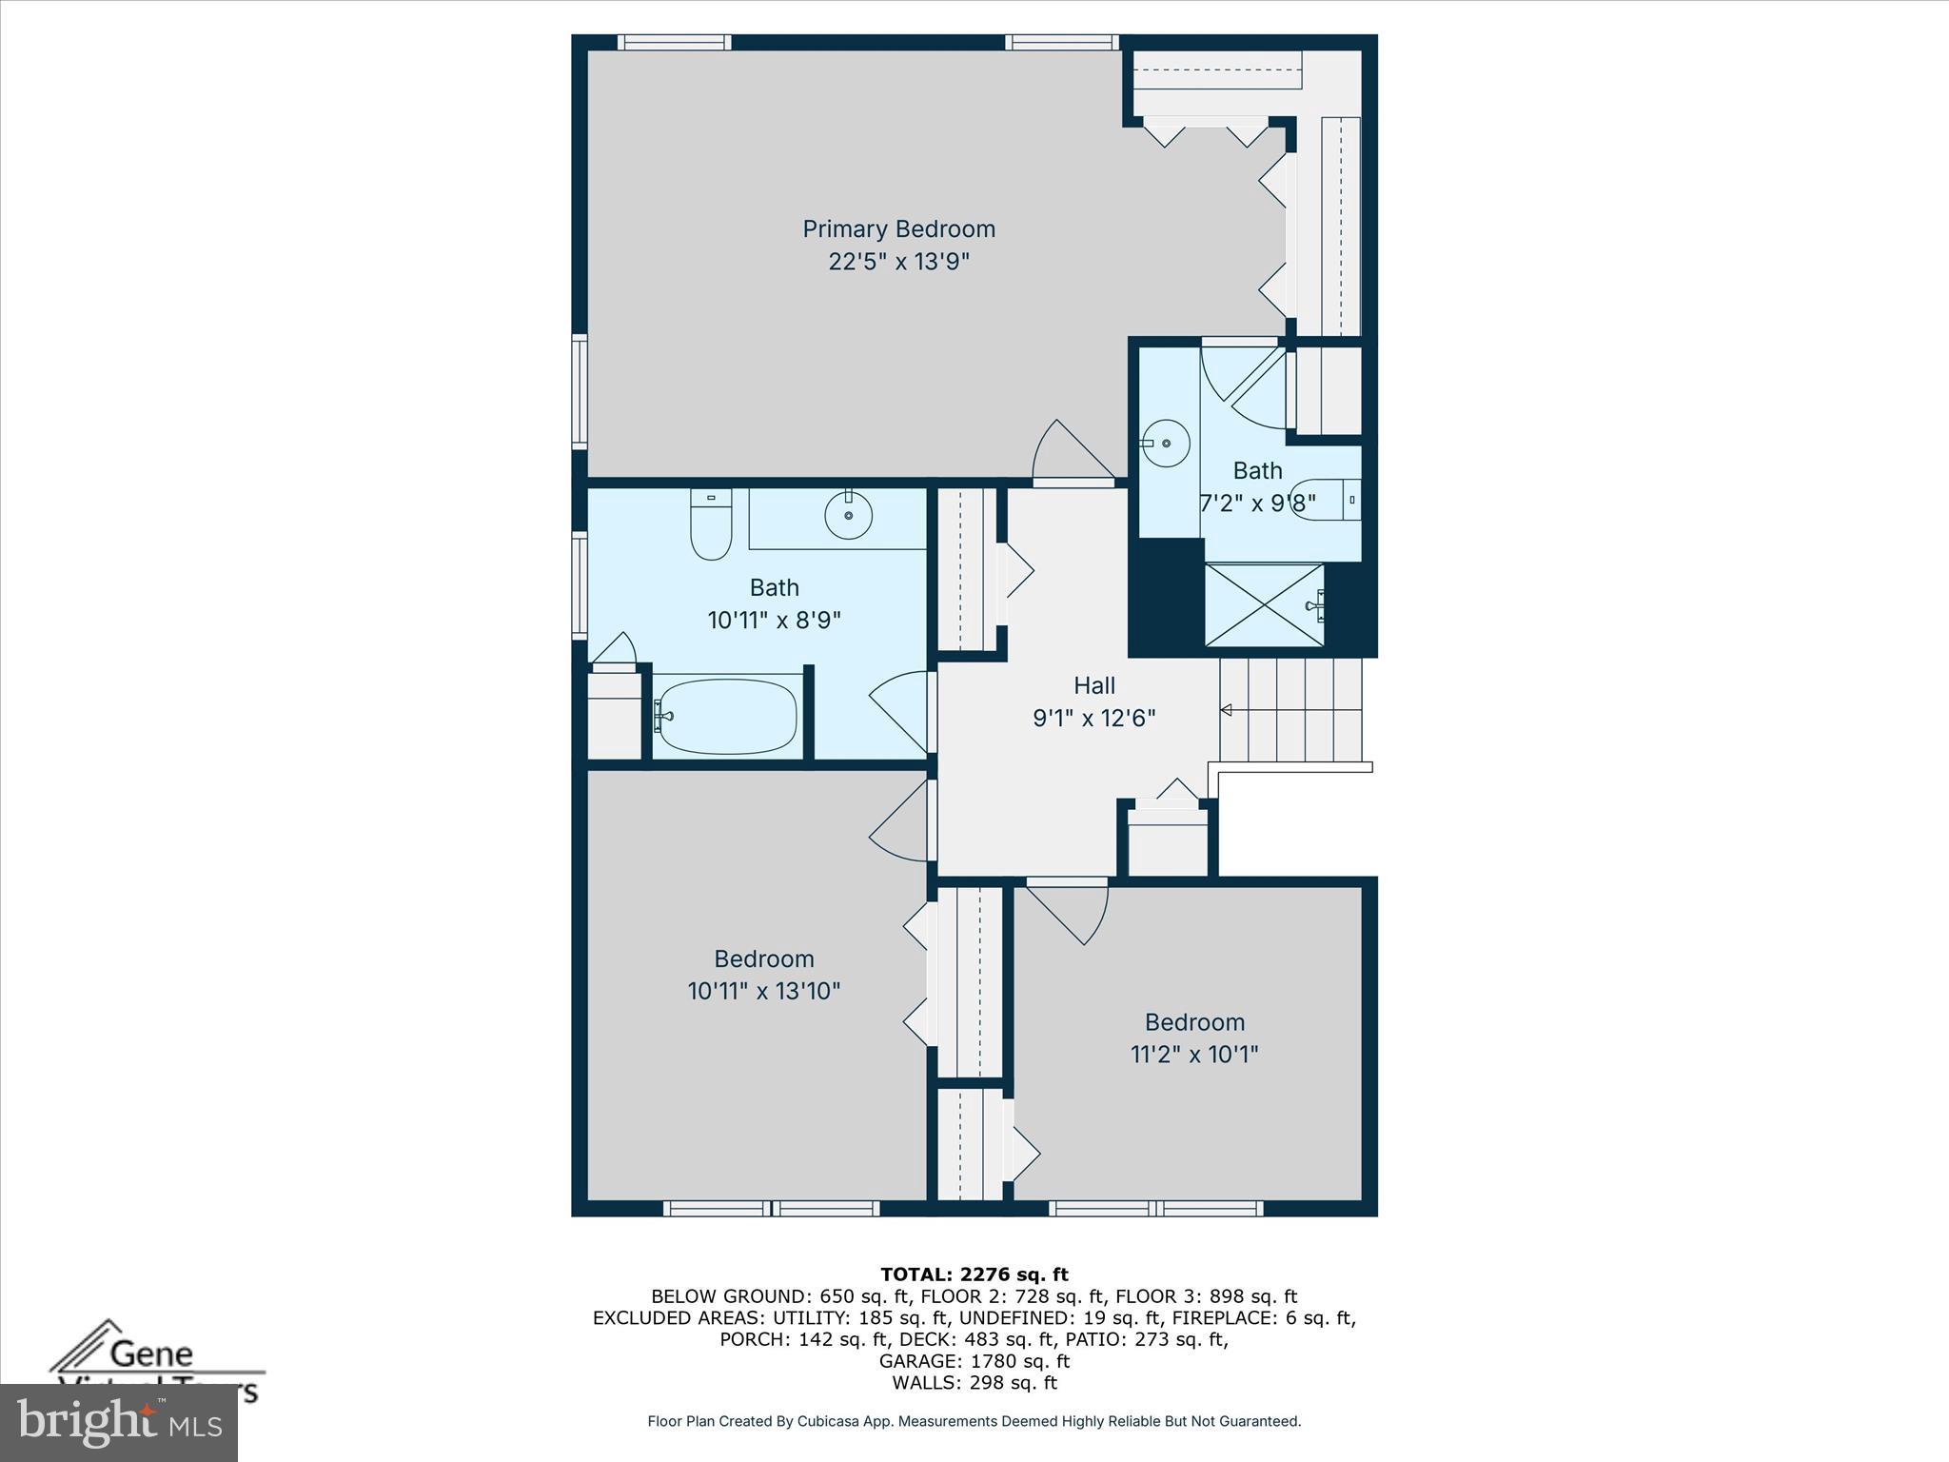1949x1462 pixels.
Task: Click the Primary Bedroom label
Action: (898, 228)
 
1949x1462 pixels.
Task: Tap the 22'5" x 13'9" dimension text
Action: (898, 261)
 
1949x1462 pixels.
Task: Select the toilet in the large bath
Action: (710, 525)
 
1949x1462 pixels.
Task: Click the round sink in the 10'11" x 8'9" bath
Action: (848, 517)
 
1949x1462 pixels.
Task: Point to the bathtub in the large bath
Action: (727, 716)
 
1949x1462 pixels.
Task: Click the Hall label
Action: (1094, 684)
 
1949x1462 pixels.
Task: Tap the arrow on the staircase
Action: (1227, 710)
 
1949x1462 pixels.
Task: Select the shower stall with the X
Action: (1264, 604)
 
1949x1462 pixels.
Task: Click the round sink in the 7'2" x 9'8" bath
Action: (1166, 444)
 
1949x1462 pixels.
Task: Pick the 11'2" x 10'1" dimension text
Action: (1194, 1054)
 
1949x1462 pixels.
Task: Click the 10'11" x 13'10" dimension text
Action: (763, 991)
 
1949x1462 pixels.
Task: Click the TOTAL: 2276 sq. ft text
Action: (974, 1274)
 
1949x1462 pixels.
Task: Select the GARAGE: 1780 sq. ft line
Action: (974, 1361)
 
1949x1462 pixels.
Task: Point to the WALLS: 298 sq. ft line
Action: (974, 1383)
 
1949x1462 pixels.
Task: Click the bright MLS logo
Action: (118, 1423)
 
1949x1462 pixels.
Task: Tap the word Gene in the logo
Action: (152, 1353)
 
